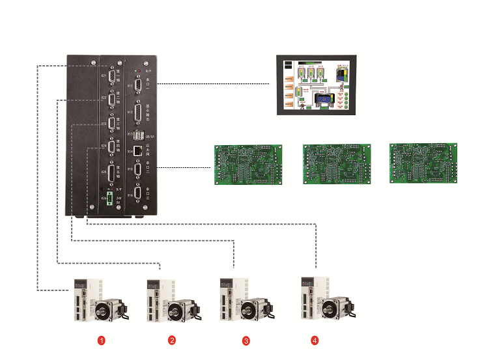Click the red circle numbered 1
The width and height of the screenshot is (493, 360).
coord(101,340)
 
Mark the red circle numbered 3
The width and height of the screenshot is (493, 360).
coord(246,340)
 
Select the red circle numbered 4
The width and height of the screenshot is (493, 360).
coord(315,340)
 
